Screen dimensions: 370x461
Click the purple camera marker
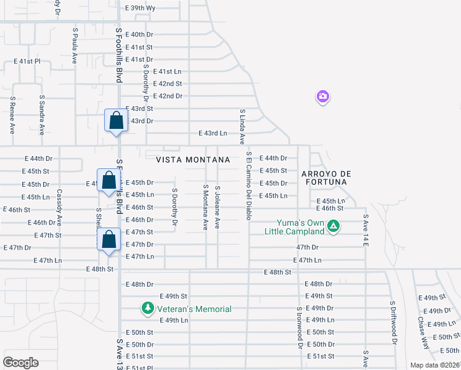323,97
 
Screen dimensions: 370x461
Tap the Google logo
20,363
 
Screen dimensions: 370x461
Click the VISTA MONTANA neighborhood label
193,159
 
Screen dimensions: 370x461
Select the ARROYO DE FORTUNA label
324,178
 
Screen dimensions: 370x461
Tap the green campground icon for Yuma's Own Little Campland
333,227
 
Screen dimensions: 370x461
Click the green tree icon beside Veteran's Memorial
147,308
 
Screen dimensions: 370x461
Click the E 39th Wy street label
141,8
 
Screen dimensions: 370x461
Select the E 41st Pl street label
27,62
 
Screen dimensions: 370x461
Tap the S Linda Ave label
242,127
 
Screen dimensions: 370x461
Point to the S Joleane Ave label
218,207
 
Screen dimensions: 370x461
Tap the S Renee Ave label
12,115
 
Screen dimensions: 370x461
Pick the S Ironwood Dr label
300,327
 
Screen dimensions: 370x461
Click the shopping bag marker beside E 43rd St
116,121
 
